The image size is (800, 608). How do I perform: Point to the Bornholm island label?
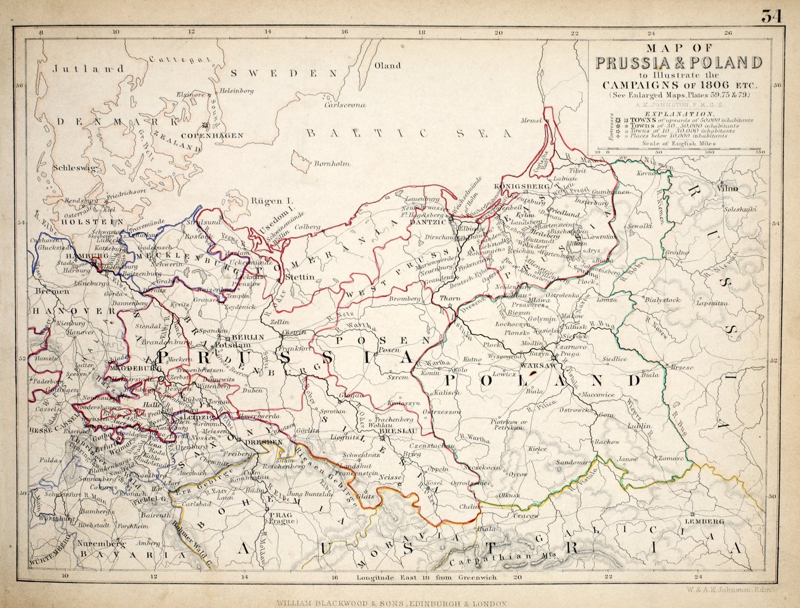tap(331, 164)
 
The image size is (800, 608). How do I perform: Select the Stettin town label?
tap(300, 277)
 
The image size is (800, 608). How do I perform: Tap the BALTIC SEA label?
tap(409, 133)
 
